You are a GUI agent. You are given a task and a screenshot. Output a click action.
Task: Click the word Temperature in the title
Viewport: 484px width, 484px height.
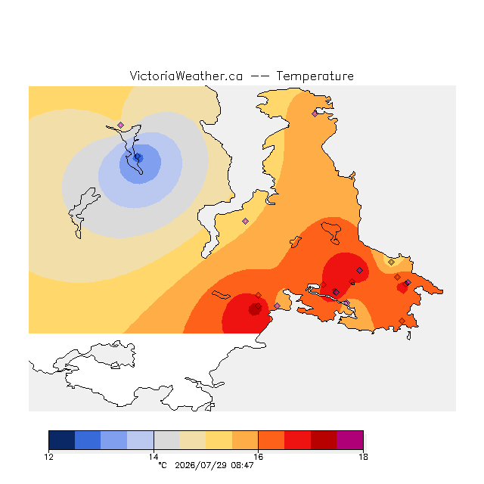(x=315, y=76)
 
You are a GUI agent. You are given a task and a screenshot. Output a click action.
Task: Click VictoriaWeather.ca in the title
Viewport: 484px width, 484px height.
(x=186, y=76)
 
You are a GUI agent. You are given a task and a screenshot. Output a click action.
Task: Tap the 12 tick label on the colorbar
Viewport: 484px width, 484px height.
(x=48, y=457)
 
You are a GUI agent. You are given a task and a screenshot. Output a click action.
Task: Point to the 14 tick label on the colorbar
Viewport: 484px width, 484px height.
(x=154, y=457)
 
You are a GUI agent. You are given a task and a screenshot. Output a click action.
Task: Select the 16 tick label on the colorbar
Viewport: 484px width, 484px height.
(x=259, y=457)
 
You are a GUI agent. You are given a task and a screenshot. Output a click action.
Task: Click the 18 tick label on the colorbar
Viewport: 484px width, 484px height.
(x=363, y=457)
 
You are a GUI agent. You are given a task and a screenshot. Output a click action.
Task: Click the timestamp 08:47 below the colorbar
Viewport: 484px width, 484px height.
(x=242, y=465)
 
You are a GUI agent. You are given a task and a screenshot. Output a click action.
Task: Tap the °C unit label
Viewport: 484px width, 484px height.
(x=163, y=465)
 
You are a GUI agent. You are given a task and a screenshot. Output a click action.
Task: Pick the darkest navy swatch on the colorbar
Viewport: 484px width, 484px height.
(x=62, y=440)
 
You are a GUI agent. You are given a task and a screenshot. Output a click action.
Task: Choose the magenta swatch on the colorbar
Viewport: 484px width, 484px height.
(x=350, y=440)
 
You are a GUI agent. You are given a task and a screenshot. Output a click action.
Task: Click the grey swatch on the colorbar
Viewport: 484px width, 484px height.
(x=166, y=440)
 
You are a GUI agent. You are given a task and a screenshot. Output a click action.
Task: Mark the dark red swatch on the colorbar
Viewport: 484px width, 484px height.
(x=324, y=440)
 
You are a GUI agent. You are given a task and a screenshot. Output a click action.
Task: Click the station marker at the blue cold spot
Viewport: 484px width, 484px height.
(x=138, y=157)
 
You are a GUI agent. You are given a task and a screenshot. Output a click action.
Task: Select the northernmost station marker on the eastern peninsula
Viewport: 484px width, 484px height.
(x=315, y=114)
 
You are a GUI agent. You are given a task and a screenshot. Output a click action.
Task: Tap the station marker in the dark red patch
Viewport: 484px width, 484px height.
(x=258, y=306)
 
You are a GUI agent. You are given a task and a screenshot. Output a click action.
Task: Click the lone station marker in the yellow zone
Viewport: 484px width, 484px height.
(x=245, y=221)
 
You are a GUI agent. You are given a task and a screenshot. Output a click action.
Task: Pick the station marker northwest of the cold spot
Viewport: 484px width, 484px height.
(x=121, y=125)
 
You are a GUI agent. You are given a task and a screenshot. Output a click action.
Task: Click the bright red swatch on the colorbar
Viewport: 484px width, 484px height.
(x=297, y=440)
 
